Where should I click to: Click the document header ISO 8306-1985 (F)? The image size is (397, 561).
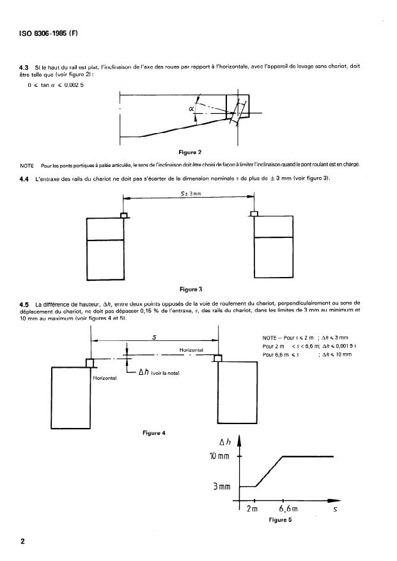tap(49, 34)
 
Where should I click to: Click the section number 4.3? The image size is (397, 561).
tap(24, 67)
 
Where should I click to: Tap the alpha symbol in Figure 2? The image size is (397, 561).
tap(191, 107)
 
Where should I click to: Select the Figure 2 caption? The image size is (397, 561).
tap(190, 152)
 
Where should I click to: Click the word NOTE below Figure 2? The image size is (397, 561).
tap(27, 166)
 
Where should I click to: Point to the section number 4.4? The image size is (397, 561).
tap(24, 179)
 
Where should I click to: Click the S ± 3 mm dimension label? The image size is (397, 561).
tap(191, 194)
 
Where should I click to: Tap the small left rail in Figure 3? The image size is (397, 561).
tap(125, 216)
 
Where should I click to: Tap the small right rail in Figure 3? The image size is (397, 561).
tap(254, 214)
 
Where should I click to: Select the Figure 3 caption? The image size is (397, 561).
tap(191, 289)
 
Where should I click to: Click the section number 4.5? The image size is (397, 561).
tap(24, 304)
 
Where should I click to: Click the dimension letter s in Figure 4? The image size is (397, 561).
tap(155, 337)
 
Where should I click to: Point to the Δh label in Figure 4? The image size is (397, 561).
tap(144, 372)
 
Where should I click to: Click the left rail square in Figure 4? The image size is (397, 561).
tap(90, 363)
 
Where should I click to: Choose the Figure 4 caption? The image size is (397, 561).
tap(154, 433)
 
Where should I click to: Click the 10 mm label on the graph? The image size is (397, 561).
tap(219, 456)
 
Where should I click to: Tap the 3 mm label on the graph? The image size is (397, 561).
tap(222, 487)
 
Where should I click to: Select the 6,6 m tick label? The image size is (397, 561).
tap(288, 509)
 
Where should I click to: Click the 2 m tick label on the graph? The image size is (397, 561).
tap(252, 509)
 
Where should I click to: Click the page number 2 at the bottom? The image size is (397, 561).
tap(23, 541)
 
